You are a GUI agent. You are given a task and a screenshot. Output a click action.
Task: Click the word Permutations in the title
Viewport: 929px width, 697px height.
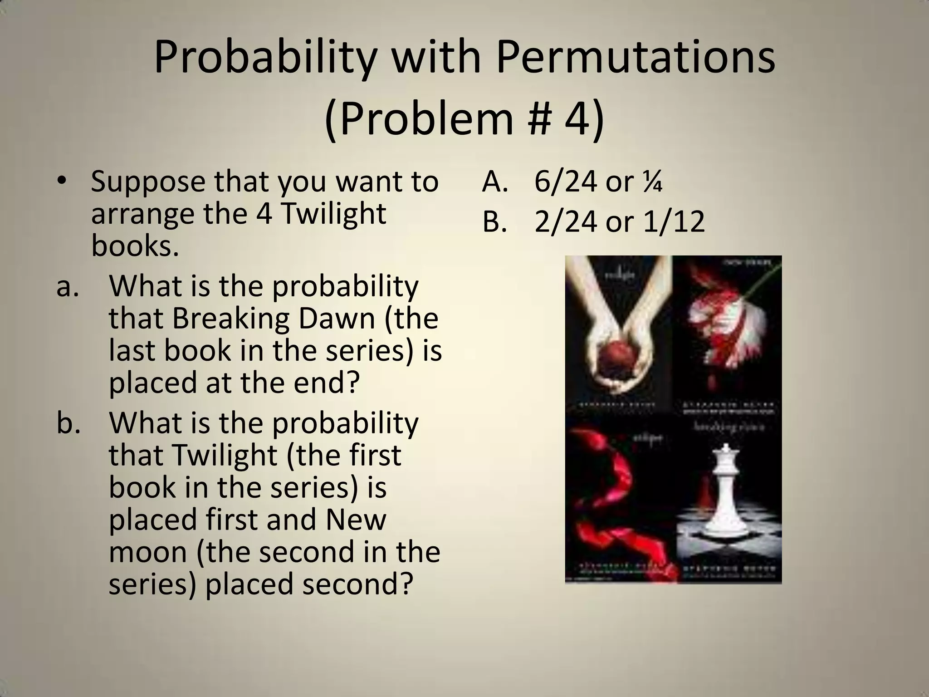tap(635, 58)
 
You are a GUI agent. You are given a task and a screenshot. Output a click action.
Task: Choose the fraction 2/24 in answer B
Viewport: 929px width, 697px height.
tap(565, 222)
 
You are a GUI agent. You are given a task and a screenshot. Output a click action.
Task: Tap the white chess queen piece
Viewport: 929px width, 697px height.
tap(727, 488)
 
